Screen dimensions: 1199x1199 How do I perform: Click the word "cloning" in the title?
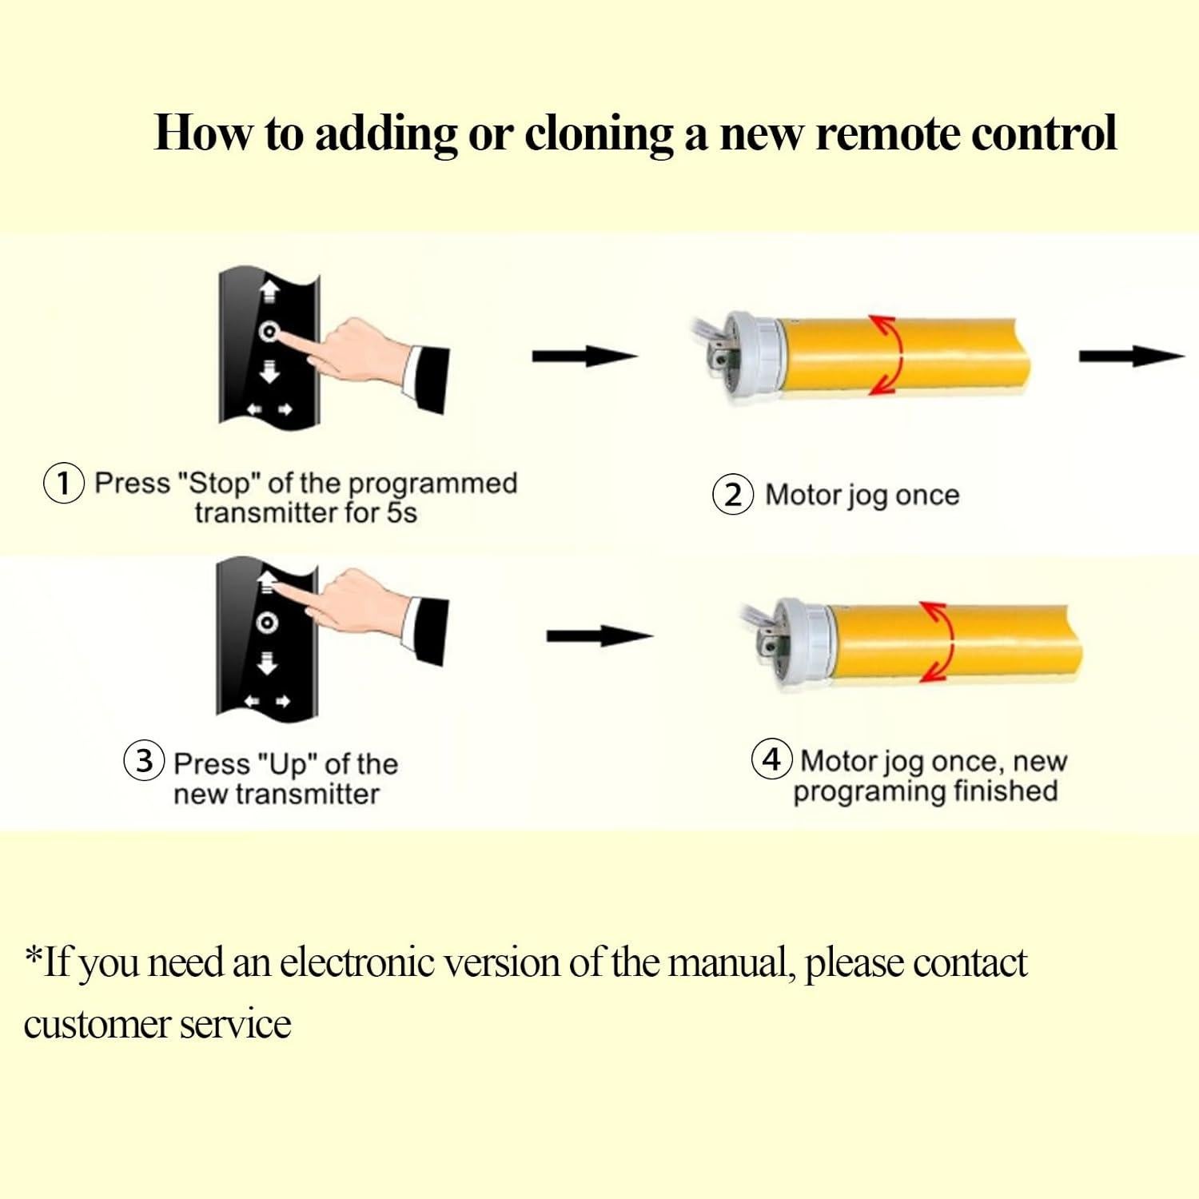pos(599,133)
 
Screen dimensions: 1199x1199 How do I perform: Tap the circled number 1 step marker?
pos(63,484)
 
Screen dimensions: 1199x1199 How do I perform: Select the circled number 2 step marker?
pos(732,495)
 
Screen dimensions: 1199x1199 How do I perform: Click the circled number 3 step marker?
pos(144,760)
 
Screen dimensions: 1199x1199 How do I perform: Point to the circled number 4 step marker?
pos(771,759)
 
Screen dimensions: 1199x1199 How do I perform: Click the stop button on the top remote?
pos(269,332)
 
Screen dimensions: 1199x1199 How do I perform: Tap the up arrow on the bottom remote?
pos(268,581)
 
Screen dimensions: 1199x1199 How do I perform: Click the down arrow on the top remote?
pos(269,370)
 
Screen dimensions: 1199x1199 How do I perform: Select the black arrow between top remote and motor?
pos(584,357)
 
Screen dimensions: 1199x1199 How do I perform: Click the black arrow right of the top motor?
pos(1130,357)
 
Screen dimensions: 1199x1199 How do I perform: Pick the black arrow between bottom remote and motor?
pos(599,636)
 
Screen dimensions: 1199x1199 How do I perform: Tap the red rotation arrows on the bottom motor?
pos(938,641)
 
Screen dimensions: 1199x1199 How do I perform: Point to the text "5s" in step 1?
pos(401,513)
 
